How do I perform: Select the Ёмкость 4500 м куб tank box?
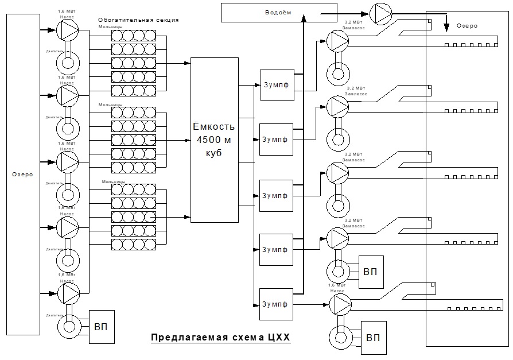point(214,140)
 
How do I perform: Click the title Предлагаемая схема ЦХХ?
point(220,338)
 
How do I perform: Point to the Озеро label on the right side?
point(466,26)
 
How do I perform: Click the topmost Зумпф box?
point(277,85)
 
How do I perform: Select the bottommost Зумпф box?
point(277,303)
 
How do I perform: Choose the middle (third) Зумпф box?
point(277,195)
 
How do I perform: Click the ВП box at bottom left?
point(100,327)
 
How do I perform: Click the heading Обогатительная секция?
point(138,20)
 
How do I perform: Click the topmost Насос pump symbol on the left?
point(68,27)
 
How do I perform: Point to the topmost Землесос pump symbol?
point(336,40)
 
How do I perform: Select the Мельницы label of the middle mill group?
point(110,104)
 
